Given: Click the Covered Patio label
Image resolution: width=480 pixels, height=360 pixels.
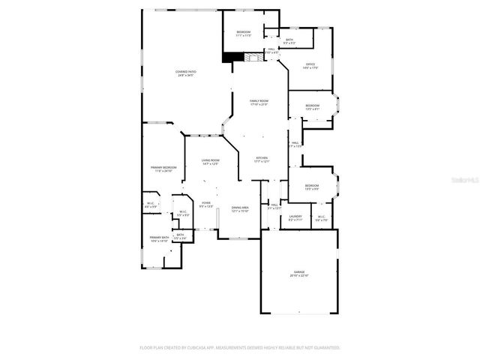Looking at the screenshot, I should click(x=185, y=71).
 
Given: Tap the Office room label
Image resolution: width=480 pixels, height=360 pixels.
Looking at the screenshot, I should click(x=311, y=65).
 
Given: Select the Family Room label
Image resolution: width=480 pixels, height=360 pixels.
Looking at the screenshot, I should click(x=259, y=100).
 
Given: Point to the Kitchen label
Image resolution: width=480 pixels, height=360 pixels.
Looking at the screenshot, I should click(x=261, y=157).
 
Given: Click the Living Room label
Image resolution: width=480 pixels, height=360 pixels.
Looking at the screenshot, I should click(x=210, y=160).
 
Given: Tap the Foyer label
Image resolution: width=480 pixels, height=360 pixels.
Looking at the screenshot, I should click(x=206, y=202).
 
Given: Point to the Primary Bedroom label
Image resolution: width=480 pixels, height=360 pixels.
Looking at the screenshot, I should click(x=163, y=167).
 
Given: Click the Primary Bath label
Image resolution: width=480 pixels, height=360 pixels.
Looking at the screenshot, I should click(x=159, y=237).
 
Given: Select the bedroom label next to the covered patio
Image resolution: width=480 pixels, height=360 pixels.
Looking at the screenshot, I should click(x=244, y=31).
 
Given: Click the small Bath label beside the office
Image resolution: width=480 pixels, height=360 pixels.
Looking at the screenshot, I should click(x=289, y=40).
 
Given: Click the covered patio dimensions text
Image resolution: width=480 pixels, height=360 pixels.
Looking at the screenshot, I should click(x=185, y=75).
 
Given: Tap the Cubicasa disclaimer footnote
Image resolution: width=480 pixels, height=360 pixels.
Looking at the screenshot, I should click(x=240, y=347).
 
